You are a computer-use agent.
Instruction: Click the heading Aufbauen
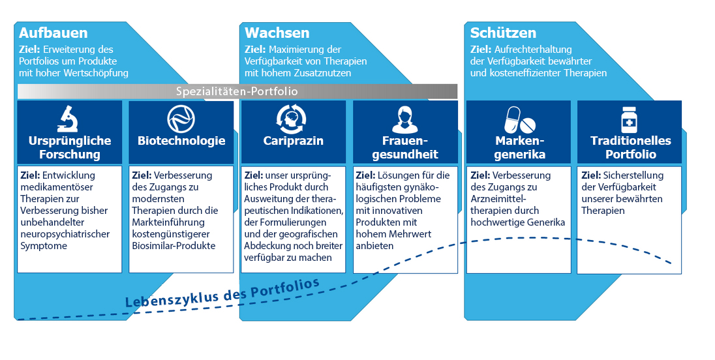coord(53,33)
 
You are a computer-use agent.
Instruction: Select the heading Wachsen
coord(277,33)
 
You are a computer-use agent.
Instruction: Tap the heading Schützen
coord(503,33)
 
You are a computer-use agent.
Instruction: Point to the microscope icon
coord(69,118)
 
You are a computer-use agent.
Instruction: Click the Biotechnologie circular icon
coord(181,119)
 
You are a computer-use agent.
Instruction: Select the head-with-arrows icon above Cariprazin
coord(294,119)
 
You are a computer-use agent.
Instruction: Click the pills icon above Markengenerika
coord(519,119)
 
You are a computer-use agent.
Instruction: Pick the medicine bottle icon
coord(630,119)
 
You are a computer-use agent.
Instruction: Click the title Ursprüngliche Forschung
coord(70,147)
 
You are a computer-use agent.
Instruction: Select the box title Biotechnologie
coord(181,141)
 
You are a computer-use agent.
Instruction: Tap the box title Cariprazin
coord(294,141)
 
